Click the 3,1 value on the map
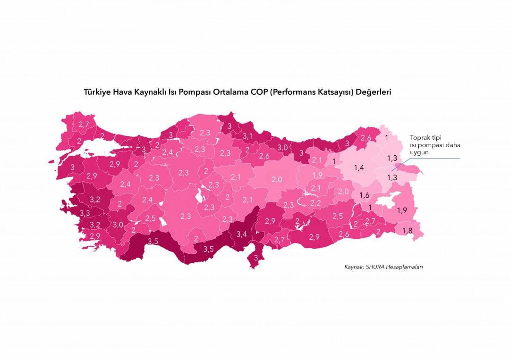pos(248,136)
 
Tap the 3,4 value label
pos(242,234)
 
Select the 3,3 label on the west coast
pos(85,213)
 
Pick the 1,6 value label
pos(364,195)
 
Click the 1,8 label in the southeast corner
pos(407,230)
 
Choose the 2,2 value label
pos(315,203)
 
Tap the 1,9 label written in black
pos(402,210)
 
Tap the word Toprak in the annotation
pos(419,137)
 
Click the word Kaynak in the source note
pos(354,267)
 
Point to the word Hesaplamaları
pos(405,267)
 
